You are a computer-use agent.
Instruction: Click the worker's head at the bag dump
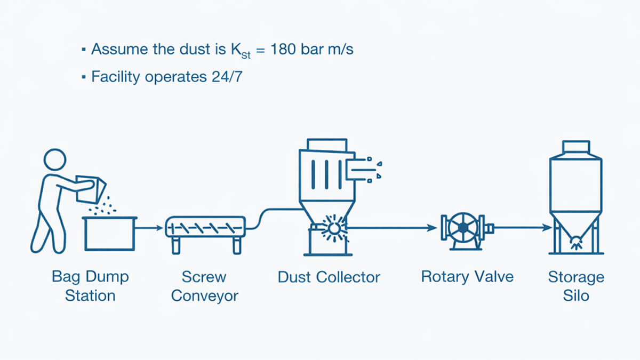55,161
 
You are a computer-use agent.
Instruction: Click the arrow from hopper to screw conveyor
150,228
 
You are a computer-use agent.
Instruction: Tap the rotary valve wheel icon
462,228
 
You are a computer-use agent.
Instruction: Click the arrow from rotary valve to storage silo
523,228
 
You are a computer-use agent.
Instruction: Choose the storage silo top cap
576,147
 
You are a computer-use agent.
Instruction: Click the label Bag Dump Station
90,286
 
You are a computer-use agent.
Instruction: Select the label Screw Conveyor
204,286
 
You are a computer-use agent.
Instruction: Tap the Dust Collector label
329,277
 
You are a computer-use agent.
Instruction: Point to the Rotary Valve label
467,277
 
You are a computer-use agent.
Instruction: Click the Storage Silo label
576,286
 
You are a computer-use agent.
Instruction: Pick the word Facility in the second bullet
115,76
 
